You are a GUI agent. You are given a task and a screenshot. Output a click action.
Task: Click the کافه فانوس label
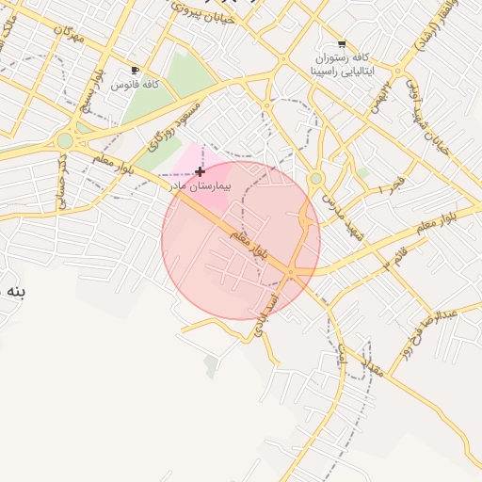point(136,85)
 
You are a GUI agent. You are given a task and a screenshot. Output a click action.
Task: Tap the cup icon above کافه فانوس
point(136,71)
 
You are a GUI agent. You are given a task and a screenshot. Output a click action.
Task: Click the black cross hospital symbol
point(200,171)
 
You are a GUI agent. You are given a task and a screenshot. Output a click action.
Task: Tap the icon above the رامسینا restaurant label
point(341,44)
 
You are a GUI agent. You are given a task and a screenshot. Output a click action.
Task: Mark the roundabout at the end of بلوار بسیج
point(64,141)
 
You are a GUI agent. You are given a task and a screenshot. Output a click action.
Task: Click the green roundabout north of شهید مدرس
point(316,178)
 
